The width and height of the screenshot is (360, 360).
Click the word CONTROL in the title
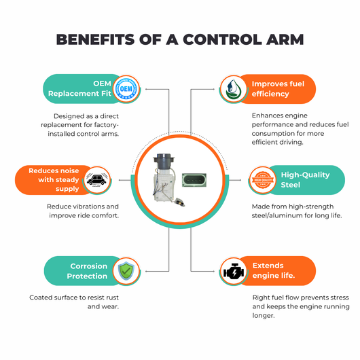(222, 39)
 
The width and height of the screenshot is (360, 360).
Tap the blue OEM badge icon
(126, 88)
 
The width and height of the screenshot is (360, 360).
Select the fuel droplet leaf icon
(233, 89)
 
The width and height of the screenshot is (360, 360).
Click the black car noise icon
(97, 180)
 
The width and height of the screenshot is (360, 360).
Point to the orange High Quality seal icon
(263, 180)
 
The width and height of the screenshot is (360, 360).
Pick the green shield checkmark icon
(126, 271)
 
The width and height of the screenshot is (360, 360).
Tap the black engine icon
(234, 272)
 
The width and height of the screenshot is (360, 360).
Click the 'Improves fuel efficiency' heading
(278, 88)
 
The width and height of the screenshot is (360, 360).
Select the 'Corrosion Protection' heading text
(87, 271)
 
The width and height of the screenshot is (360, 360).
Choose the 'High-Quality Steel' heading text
(305, 180)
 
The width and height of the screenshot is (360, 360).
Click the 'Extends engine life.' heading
(274, 270)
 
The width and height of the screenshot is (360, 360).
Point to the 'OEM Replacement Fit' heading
(79, 88)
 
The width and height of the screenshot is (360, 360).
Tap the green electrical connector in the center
(194, 180)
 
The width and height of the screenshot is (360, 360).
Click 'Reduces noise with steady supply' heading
(54, 180)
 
